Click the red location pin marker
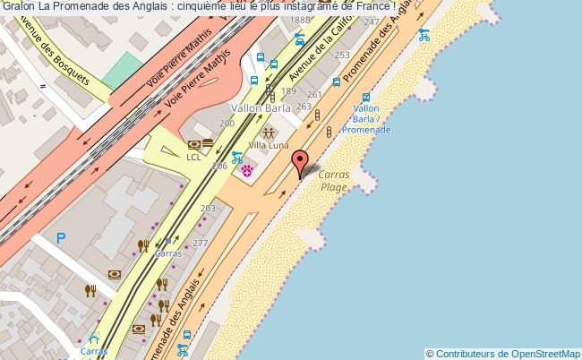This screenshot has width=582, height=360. point(302,162)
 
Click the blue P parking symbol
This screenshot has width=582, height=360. point(61,238)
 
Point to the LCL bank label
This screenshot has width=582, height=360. point(194,157)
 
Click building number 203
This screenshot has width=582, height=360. point(208,209)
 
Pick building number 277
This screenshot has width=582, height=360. point(200,243)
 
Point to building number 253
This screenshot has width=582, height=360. point(342,56)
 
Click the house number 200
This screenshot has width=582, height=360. point(227,123)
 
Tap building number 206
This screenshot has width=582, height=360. point(218,167)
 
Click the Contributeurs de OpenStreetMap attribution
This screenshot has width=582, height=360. point(503,354)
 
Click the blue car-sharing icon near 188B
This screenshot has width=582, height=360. point(300,39)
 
